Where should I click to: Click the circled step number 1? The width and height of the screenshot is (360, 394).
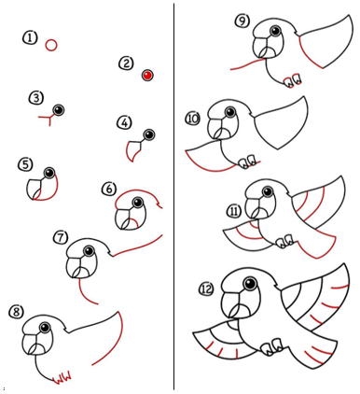[30, 38]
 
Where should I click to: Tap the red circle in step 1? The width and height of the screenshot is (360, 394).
[51, 45]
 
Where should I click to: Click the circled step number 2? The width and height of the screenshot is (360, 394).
[126, 63]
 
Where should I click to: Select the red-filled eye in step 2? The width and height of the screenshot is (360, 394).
[147, 75]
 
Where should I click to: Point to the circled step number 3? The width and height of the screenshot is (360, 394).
[36, 98]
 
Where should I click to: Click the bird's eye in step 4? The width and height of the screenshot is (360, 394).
[149, 134]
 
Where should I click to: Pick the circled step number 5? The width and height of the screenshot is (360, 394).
[25, 164]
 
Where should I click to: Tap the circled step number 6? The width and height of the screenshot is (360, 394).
[109, 190]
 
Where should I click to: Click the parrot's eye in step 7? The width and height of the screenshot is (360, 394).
[89, 251]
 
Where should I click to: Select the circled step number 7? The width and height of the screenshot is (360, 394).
[61, 237]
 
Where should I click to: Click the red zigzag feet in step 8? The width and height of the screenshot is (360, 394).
[62, 378]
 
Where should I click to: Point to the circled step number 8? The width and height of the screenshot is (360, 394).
[16, 312]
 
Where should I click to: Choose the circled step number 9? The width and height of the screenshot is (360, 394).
[242, 21]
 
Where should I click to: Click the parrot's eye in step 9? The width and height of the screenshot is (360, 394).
[275, 31]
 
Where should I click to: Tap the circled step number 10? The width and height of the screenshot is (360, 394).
[193, 119]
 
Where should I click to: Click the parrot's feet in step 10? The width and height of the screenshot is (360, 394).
[247, 161]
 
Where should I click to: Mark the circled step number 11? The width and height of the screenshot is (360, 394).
[234, 212]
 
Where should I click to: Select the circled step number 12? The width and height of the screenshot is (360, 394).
[206, 289]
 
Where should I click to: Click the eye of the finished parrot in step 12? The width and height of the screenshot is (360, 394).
[249, 284]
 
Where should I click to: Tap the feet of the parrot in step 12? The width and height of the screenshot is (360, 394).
[272, 346]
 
